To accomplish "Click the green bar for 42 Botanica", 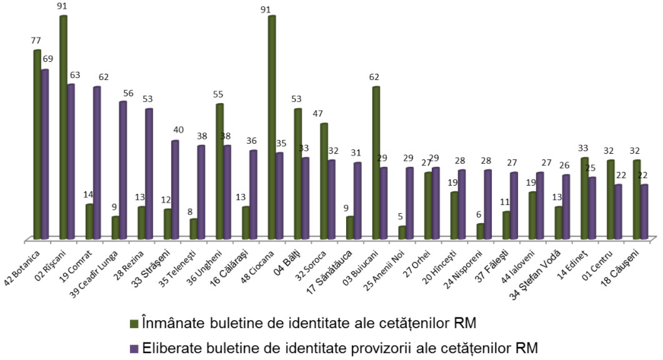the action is [x=37, y=144].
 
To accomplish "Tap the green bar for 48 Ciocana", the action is [x=272, y=127].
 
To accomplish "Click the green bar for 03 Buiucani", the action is [x=376, y=163].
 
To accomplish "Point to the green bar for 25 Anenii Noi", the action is [x=402, y=232].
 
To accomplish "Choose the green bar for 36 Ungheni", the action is [x=220, y=171].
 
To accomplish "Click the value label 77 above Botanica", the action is [x=36, y=41].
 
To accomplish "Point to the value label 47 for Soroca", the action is [x=317, y=114].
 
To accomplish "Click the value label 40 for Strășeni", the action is [x=178, y=129].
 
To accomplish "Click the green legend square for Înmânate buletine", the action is [x=134, y=324].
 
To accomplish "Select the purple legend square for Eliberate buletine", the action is [x=134, y=349].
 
